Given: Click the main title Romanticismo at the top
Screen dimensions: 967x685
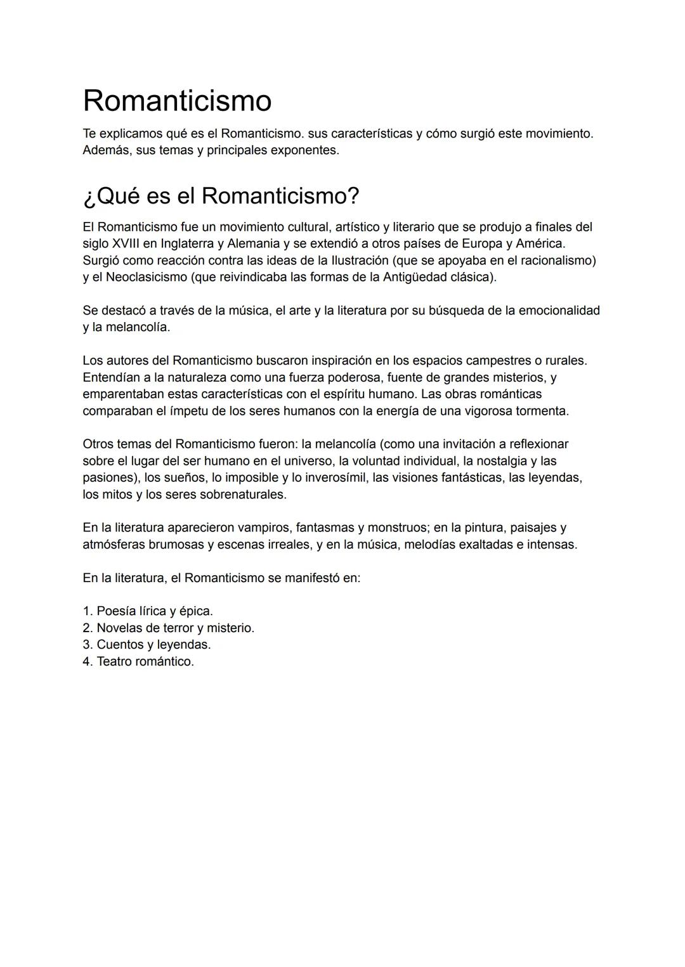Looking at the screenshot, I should (177, 101).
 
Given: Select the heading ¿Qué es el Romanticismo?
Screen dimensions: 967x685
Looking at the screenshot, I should (221, 196).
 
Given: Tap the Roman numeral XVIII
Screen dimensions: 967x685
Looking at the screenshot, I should (126, 243).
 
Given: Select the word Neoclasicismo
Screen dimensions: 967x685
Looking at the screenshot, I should (146, 277).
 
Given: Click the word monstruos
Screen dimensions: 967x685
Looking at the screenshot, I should (398, 528).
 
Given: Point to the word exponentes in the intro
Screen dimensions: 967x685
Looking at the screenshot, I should (306, 151).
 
